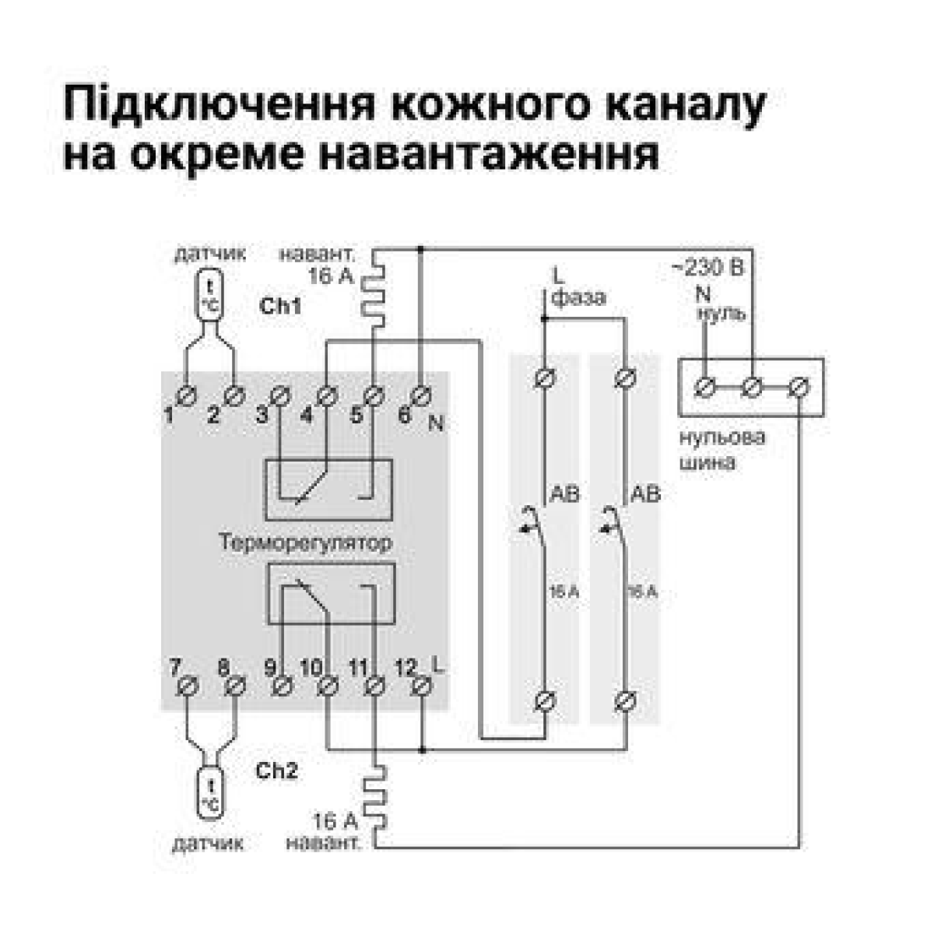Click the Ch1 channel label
281,306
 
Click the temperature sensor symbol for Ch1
209,294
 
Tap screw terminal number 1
187,395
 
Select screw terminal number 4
327,395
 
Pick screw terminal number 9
282,686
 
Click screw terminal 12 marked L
421,686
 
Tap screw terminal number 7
188,686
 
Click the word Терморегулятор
305,542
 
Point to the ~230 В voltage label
708,269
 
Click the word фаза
578,297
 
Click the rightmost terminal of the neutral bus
799,386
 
